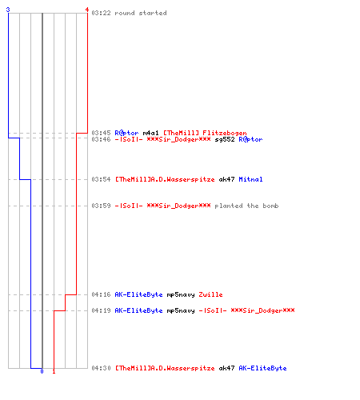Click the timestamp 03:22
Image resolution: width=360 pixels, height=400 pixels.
(101, 13)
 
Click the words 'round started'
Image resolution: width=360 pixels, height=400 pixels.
(141, 13)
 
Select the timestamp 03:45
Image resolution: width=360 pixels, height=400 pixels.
(101, 133)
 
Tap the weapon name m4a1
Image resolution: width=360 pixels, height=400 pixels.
(150, 133)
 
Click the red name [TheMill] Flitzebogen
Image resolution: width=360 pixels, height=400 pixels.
(205, 133)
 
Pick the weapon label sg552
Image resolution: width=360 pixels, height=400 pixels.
(225, 139)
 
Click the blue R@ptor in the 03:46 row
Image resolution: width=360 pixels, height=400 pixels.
(250, 139)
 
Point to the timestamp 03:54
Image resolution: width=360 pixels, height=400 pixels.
(101, 179)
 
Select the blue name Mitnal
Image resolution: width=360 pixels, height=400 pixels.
(250, 179)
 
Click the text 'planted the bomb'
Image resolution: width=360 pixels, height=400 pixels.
(246, 206)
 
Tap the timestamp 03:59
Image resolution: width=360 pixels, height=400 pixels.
(101, 206)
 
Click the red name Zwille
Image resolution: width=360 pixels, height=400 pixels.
(210, 294)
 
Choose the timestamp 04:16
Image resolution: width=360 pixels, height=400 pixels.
(101, 294)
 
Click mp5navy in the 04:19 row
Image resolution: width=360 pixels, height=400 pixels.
(181, 310)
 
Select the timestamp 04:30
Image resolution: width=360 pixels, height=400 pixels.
(101, 368)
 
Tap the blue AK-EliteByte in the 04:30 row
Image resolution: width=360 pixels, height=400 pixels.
(262, 368)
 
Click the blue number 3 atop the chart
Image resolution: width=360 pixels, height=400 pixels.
(8, 10)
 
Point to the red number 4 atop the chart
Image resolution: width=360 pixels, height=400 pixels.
(87, 10)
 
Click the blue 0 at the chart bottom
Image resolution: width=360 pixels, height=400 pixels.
(42, 371)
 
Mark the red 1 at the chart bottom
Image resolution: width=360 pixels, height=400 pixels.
(54, 371)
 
